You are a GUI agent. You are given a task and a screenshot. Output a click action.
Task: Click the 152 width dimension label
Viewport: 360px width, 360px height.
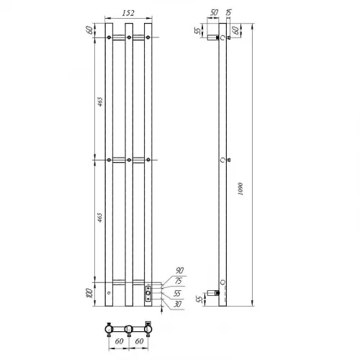click(x=128, y=13)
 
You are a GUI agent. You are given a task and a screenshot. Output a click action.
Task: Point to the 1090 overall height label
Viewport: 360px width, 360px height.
click(x=240, y=189)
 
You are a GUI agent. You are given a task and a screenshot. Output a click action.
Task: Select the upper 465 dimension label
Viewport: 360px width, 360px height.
click(x=100, y=102)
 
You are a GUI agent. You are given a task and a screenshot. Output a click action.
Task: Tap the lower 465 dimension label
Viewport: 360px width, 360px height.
click(x=100, y=217)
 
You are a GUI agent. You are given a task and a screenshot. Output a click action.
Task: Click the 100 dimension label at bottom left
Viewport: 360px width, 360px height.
click(x=89, y=294)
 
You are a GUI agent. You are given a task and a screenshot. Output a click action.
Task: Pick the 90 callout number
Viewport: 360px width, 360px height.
click(x=179, y=271)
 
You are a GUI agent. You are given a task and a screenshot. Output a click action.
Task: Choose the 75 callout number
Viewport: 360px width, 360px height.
click(x=179, y=281)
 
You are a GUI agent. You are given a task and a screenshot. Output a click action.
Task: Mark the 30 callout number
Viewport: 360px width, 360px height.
click(x=177, y=304)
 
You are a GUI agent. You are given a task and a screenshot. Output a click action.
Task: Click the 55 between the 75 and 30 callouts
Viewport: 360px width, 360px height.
click(x=177, y=293)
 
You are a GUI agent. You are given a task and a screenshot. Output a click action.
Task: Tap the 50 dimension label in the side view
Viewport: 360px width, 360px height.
click(x=214, y=13)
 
